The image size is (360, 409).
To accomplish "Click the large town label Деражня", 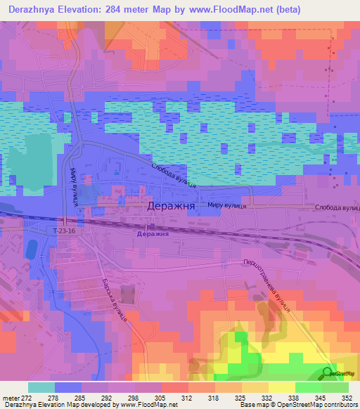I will [x=171, y=207].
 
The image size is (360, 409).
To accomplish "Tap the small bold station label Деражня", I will [x=154, y=233].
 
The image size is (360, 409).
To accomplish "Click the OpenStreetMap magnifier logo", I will [x=328, y=372].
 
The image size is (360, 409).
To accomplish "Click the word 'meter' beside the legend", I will [x=9, y=397].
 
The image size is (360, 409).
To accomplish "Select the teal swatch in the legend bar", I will [x=41, y=387].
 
